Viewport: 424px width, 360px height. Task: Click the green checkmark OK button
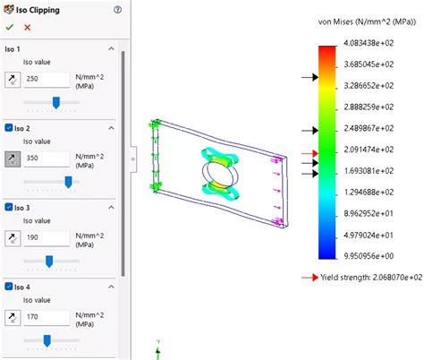10,28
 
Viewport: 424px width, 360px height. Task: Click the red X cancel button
27,28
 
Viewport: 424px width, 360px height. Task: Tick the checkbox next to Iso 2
9,129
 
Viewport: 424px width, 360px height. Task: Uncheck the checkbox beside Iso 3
9,208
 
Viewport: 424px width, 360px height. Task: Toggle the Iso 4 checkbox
9,287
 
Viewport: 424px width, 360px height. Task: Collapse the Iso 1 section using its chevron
111,49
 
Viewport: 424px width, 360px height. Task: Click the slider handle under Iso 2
68,182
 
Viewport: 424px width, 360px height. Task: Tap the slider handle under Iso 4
47,340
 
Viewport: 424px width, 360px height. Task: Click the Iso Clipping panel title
38,9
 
